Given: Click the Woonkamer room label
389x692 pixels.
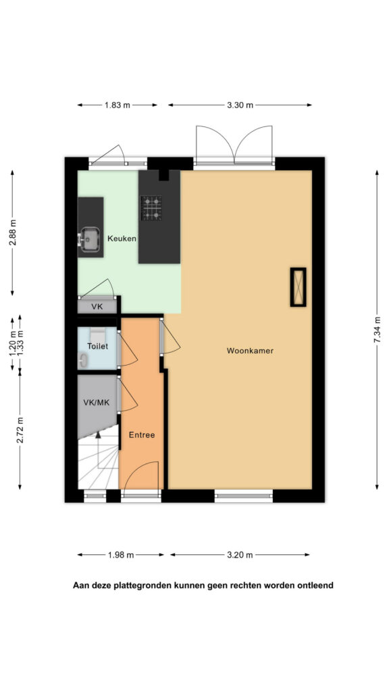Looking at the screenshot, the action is pyautogui.click(x=250, y=351).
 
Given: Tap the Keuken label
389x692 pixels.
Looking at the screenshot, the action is pyautogui.click(x=122, y=239).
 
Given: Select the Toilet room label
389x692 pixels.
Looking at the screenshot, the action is pyautogui.click(x=97, y=347).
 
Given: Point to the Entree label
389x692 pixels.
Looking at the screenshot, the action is pyautogui.click(x=142, y=435).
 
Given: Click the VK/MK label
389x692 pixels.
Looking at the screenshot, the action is pyautogui.click(x=96, y=402).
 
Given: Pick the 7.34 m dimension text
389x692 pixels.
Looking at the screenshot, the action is pyautogui.click(x=377, y=330).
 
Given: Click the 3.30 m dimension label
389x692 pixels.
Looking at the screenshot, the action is pyautogui.click(x=240, y=105).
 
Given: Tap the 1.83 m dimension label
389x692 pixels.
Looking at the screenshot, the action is pyautogui.click(x=118, y=105).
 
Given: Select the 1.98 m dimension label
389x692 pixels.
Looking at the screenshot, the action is pyautogui.click(x=120, y=555).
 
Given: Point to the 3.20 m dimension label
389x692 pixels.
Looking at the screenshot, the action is pyautogui.click(x=240, y=555).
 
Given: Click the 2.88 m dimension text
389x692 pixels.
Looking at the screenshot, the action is pyautogui.click(x=12, y=232).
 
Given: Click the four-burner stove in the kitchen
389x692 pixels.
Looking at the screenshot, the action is pyautogui.click(x=151, y=208).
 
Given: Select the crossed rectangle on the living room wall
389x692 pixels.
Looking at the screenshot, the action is pyautogui.click(x=298, y=287).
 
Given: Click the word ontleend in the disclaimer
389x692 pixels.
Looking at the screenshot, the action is pyautogui.click(x=316, y=586).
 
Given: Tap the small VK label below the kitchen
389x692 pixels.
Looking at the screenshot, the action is pyautogui.click(x=97, y=306).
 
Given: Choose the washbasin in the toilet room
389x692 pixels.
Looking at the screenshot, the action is pyautogui.click(x=83, y=361).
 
